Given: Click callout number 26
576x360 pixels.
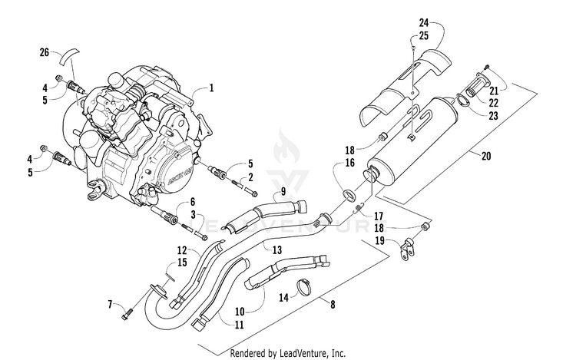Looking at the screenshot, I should click(x=45, y=52).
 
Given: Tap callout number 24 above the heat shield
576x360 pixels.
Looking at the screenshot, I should click(x=422, y=23).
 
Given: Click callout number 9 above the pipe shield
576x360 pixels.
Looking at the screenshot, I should click(x=260, y=190).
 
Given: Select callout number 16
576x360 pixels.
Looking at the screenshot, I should click(x=349, y=163).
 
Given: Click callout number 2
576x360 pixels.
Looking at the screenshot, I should click(x=250, y=177).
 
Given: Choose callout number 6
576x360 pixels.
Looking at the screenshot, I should click(x=193, y=201).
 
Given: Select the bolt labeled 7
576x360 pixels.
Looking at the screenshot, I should click(x=128, y=313).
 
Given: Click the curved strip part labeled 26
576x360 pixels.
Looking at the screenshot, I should click(x=71, y=56).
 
